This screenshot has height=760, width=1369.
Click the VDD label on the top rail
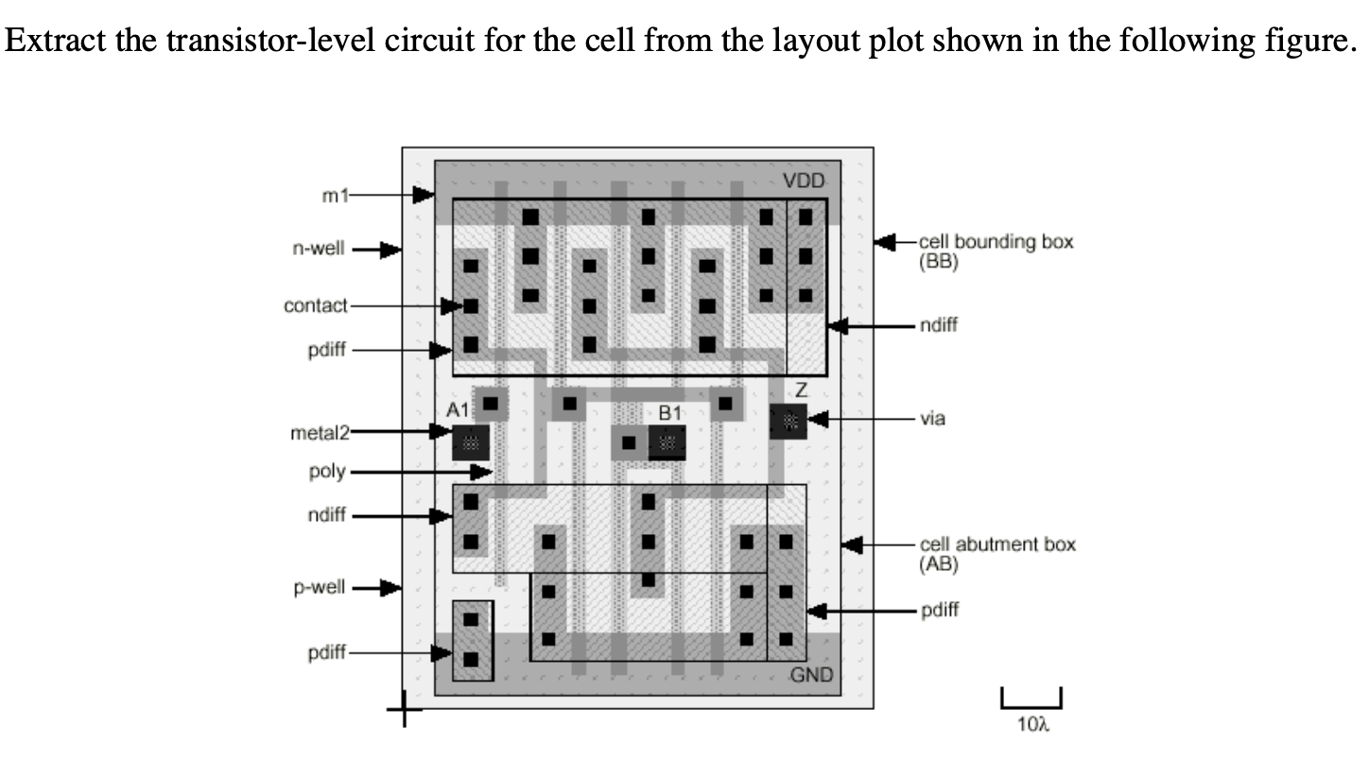(x=805, y=181)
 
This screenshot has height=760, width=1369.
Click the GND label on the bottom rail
(x=811, y=675)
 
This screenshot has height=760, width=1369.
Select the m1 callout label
(x=336, y=196)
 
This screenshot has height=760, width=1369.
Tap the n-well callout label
(x=319, y=250)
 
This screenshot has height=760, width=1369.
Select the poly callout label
(x=327, y=471)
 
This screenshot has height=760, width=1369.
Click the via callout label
(x=932, y=418)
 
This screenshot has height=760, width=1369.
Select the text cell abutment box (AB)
(x=996, y=554)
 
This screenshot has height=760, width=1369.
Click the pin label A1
(x=458, y=410)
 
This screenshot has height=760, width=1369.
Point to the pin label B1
(x=669, y=412)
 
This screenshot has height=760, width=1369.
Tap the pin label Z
(x=801, y=389)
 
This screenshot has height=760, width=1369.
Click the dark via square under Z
(x=788, y=421)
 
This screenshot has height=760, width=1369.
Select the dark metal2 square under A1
(x=470, y=441)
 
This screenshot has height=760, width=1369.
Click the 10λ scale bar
(x=1031, y=699)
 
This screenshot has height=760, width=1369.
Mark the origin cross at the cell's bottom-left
(x=404, y=707)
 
